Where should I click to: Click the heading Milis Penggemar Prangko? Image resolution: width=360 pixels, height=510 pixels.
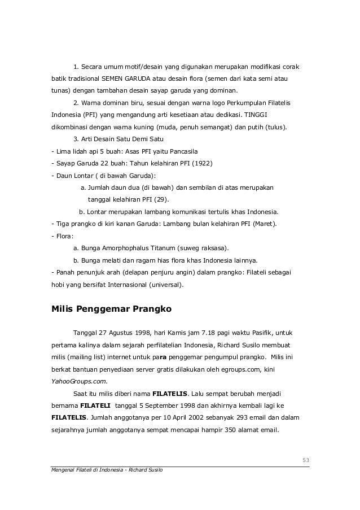(111, 310)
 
